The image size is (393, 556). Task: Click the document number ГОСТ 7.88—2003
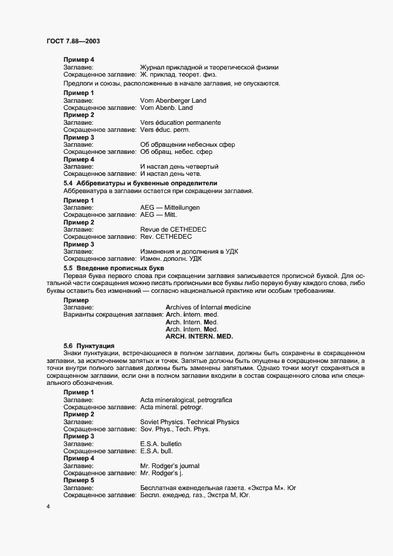pyautogui.click(x=73, y=41)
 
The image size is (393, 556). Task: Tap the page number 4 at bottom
pyautogui.click(x=48, y=506)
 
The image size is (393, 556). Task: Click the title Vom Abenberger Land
pyautogui.click(x=173, y=101)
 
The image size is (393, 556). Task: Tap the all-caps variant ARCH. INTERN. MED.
pyautogui.click(x=200, y=336)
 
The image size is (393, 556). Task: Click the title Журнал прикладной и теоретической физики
pyautogui.click(x=209, y=68)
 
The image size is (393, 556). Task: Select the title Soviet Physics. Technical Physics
pyautogui.click(x=189, y=422)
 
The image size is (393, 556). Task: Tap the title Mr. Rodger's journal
pyautogui.click(x=169, y=465)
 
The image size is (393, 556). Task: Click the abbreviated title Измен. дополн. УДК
pyautogui.click(x=171, y=258)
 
